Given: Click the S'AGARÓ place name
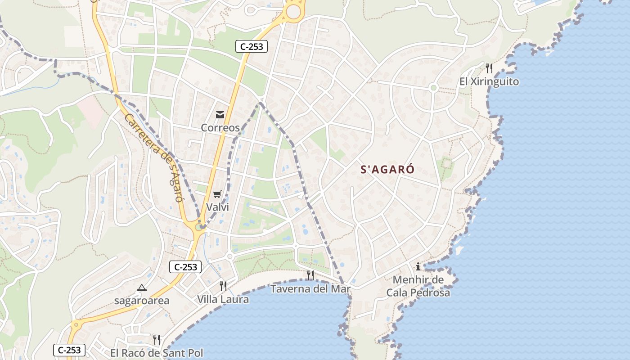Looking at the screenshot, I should (387, 170).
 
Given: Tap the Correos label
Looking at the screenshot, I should (220, 127).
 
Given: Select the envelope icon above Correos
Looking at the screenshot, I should (220, 115).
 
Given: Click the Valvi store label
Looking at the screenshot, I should (217, 207).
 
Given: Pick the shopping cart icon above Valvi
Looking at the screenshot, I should (217, 194).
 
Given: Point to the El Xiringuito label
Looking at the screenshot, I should (489, 81).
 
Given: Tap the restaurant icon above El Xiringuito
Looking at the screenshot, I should (489, 68).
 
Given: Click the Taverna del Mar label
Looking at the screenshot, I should (310, 288).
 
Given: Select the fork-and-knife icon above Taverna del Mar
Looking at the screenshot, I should (310, 275).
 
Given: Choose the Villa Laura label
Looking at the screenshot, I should (223, 299).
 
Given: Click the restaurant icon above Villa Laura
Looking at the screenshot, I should (223, 286).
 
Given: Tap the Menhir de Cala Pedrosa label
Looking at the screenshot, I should (418, 286).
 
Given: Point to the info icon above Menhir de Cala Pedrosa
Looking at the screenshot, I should (418, 266).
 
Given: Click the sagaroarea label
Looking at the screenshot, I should (141, 301).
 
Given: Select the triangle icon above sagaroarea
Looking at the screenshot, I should (142, 288).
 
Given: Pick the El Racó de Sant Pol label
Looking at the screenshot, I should (157, 353).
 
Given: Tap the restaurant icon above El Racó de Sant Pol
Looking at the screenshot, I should (157, 339).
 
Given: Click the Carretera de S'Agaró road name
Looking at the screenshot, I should (153, 157).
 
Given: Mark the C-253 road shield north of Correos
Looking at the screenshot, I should (252, 46).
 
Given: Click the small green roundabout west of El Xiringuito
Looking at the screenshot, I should (433, 87).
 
